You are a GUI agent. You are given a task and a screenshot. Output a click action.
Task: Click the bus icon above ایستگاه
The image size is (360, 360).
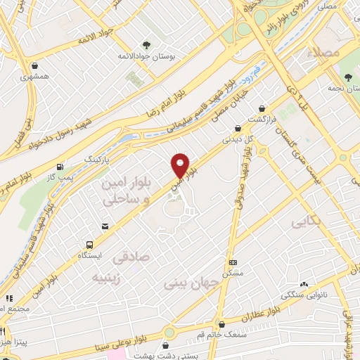[89, 244]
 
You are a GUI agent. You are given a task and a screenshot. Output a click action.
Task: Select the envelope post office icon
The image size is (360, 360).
[105, 226]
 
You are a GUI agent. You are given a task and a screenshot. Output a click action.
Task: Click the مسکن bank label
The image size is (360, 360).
[232, 272]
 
